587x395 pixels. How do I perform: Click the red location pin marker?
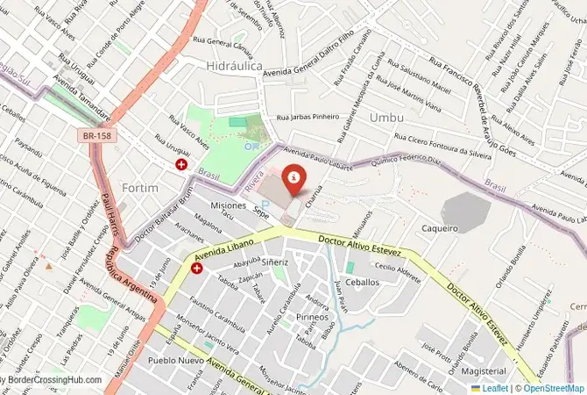point(293,178)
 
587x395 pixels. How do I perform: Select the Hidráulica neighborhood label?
point(234,66)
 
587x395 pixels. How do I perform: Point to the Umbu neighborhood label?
point(386,117)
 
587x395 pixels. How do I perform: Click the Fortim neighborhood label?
point(141,188)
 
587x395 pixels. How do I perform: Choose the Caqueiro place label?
point(439,228)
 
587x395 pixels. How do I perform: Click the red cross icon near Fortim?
point(181,164)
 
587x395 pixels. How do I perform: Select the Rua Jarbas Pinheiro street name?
point(307,118)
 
